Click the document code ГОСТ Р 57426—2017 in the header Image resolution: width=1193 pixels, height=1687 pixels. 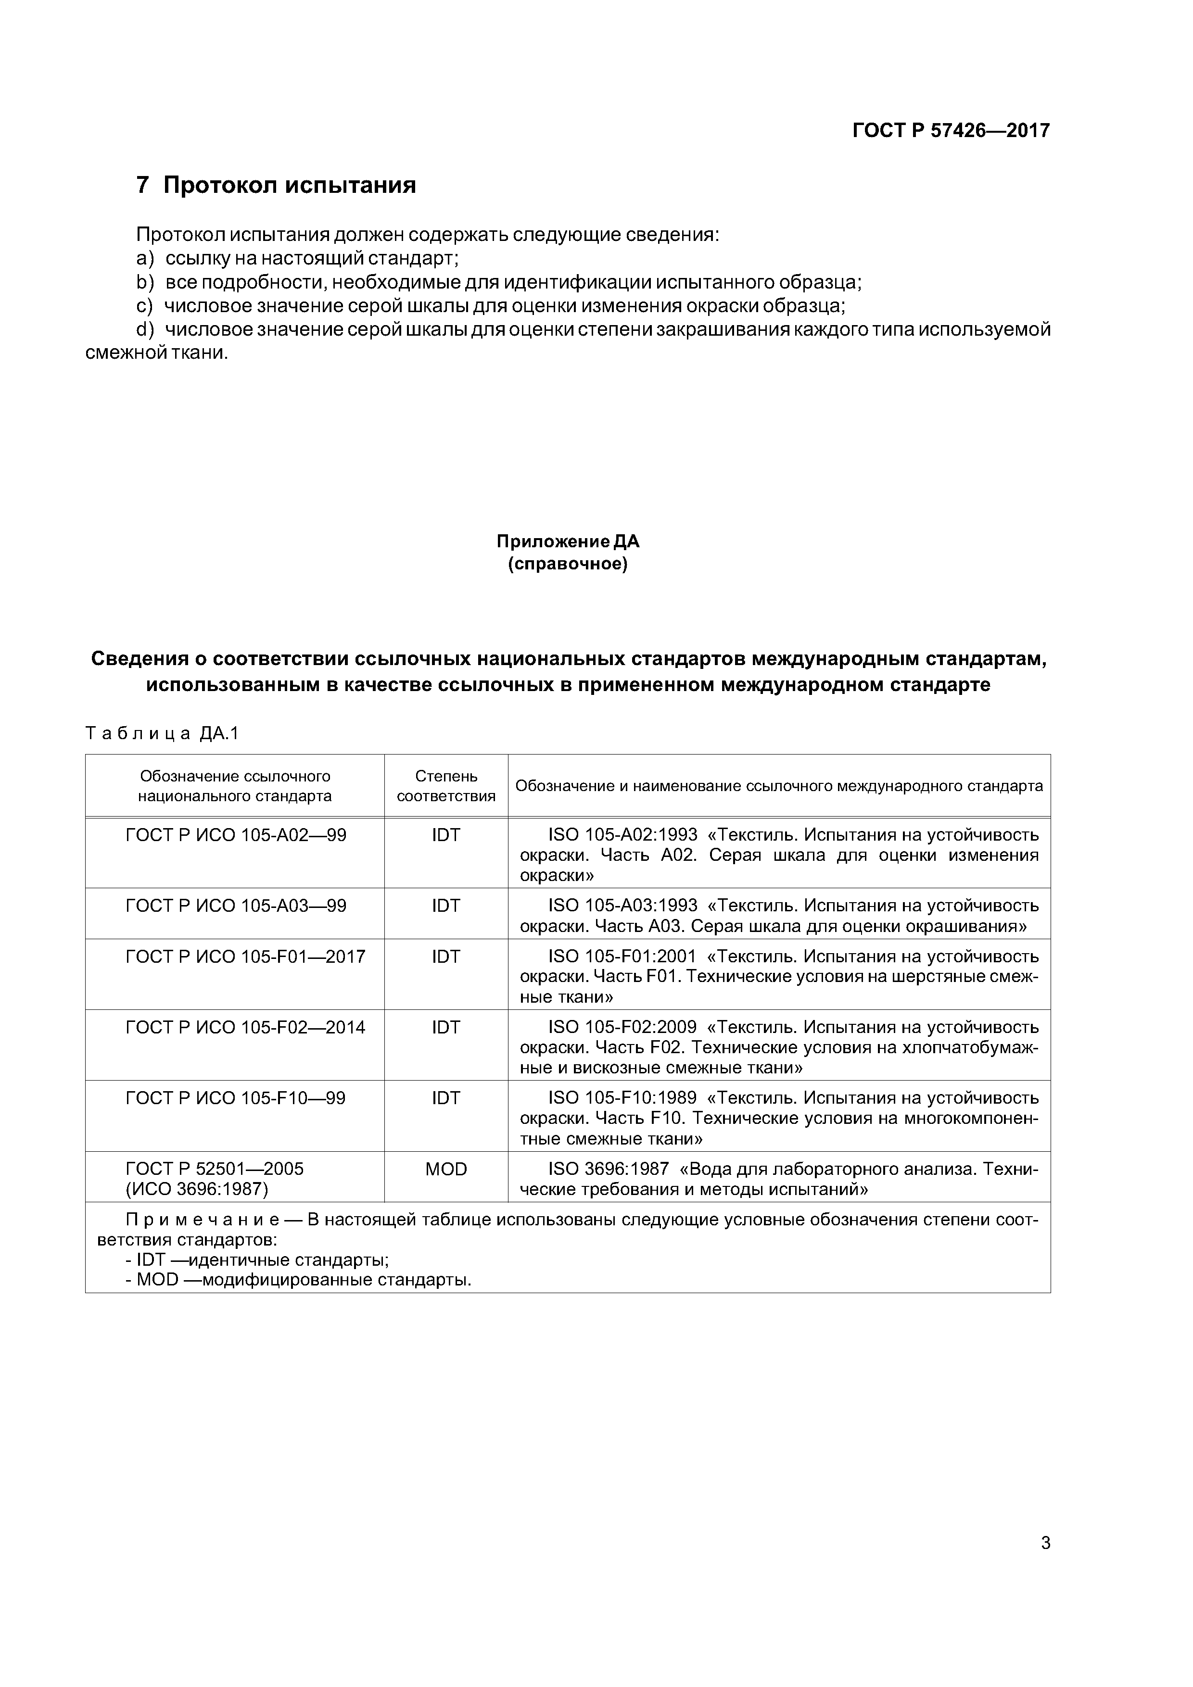(x=951, y=131)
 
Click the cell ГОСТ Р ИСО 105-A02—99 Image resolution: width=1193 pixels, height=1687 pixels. (x=236, y=835)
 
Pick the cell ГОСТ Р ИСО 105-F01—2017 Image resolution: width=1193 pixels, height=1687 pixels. (x=245, y=956)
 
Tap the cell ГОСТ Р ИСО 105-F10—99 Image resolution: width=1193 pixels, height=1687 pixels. (x=235, y=1098)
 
